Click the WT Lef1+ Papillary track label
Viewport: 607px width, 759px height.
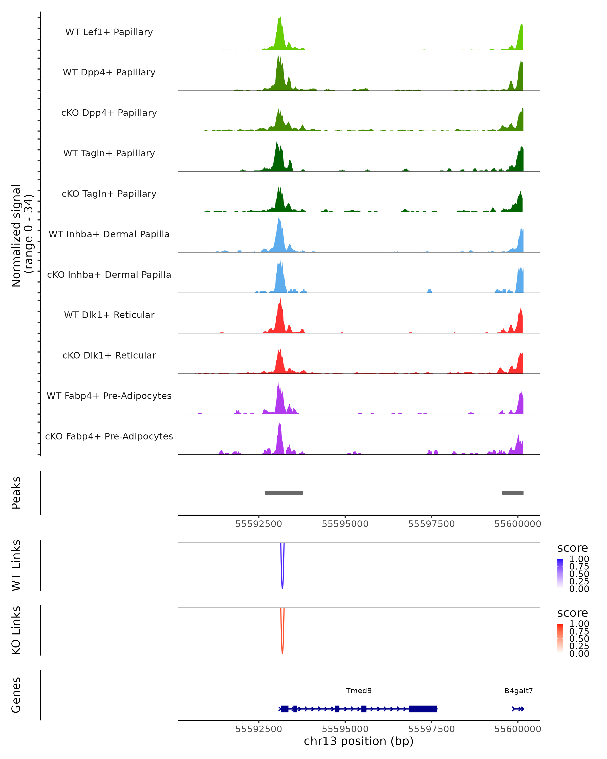point(109,32)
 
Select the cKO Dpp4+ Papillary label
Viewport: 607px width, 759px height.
point(109,113)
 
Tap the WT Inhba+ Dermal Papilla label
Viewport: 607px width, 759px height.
point(109,235)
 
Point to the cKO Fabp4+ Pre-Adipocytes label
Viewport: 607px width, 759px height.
point(109,436)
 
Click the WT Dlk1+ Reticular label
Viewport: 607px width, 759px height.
point(109,315)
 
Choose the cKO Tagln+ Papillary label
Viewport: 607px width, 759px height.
point(109,194)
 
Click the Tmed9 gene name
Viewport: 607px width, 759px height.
point(359,691)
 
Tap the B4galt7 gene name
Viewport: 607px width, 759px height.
point(518,691)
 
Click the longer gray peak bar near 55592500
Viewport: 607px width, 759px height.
point(284,493)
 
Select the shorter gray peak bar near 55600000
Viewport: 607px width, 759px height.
point(513,493)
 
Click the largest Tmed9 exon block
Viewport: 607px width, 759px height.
point(423,709)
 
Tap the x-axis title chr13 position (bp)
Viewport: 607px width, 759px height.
point(359,741)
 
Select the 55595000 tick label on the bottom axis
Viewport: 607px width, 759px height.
point(345,729)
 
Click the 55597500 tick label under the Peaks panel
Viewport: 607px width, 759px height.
point(431,524)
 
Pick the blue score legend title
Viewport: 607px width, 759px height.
point(573,548)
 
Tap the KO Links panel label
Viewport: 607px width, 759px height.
point(16,630)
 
